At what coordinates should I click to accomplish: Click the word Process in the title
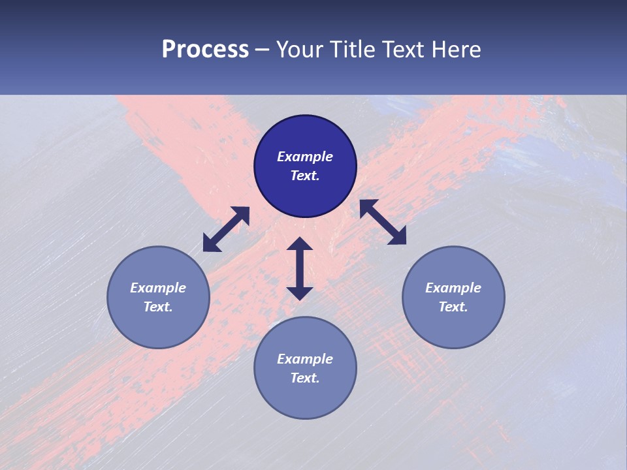(205, 50)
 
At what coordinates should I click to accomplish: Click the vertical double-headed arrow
(300, 268)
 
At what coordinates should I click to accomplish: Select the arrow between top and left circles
(226, 229)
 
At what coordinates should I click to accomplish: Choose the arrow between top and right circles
(383, 222)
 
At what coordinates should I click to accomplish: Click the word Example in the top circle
(305, 157)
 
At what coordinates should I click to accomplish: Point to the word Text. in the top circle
(305, 176)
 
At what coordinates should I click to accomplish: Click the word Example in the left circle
(158, 288)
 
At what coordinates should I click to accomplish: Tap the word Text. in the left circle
(158, 307)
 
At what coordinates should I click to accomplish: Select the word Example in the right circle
(453, 288)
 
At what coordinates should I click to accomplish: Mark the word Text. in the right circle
(453, 307)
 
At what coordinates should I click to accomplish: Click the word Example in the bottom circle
(305, 359)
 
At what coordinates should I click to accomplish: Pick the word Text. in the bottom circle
(305, 378)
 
